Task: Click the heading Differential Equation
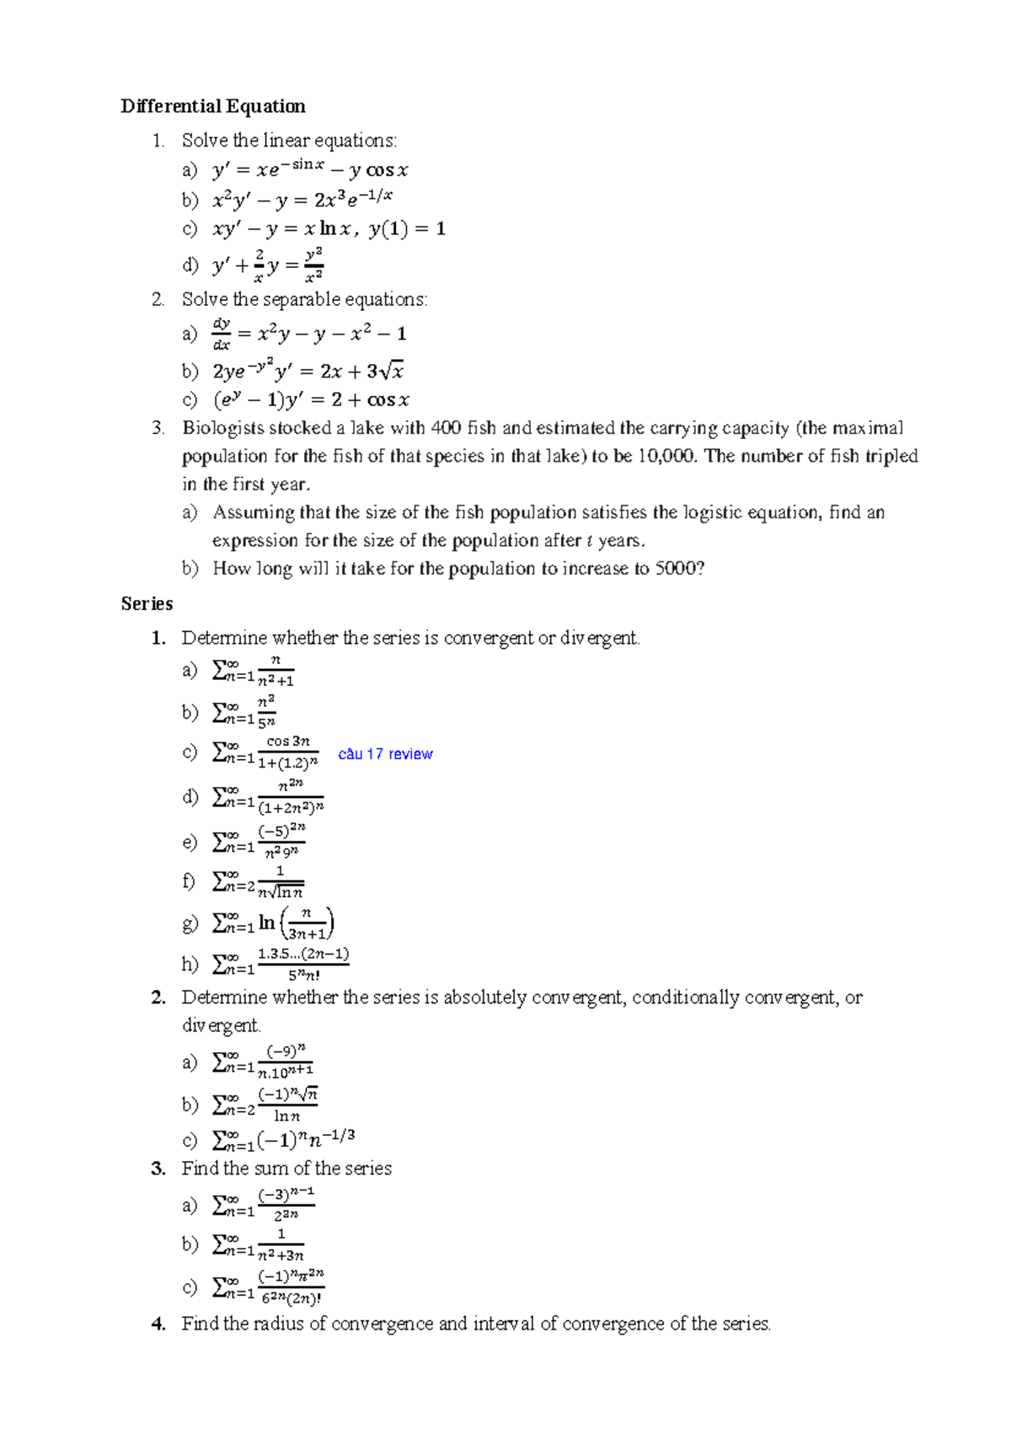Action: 212,106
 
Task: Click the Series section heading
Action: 147,603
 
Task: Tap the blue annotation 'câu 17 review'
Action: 385,754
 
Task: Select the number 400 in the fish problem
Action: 446,428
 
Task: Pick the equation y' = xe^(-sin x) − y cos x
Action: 310,169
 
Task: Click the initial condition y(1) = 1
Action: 407,228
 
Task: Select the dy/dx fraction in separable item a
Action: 222,334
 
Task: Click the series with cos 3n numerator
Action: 265,752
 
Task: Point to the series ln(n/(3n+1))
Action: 273,923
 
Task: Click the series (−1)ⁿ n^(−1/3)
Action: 283,1140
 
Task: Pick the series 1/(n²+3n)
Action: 258,1244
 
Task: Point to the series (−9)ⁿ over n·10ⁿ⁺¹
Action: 263,1062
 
